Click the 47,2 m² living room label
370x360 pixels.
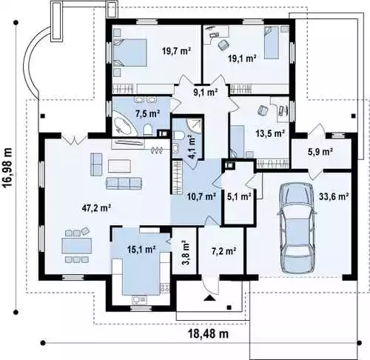tap(96, 208)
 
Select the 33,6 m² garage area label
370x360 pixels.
tap(334, 196)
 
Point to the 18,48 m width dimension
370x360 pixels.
tap(209, 334)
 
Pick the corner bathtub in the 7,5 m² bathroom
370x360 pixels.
tap(124, 127)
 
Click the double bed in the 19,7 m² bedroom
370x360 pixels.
tap(130, 53)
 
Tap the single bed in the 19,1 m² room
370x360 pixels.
tap(272, 42)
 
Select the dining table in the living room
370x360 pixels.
tap(77, 246)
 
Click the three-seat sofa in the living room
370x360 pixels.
tap(124, 183)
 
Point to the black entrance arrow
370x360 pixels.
tap(209, 298)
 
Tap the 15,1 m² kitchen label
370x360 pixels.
tap(141, 249)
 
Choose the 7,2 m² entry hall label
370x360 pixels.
tap(223, 251)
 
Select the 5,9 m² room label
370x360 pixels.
tap(320, 151)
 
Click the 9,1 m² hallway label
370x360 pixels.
tap(205, 92)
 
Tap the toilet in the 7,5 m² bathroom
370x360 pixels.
tap(148, 130)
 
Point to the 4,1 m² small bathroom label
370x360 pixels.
tap(192, 147)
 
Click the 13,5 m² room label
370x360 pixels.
tap(269, 133)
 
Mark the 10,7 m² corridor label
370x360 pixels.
tap(201, 196)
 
